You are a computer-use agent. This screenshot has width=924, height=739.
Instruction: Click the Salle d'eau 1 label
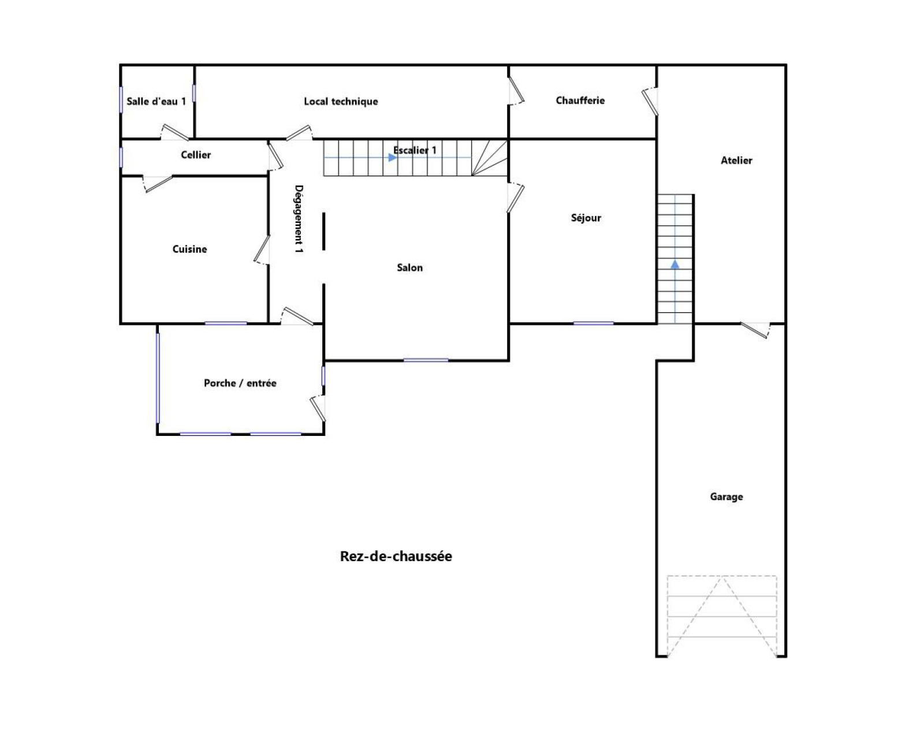click(157, 102)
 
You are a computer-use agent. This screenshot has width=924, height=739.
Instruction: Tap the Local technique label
click(341, 102)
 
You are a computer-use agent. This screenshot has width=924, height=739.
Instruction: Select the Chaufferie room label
click(580, 100)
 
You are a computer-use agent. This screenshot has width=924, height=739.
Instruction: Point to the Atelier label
click(736, 161)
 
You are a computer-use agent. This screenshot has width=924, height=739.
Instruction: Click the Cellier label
click(196, 155)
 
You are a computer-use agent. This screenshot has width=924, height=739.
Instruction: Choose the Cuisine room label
click(190, 249)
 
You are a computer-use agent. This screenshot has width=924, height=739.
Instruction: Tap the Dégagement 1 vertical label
click(299, 219)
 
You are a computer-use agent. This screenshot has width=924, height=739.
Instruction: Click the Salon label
click(409, 267)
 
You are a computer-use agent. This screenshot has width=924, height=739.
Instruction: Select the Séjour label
click(586, 218)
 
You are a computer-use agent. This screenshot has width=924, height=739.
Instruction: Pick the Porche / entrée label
click(240, 383)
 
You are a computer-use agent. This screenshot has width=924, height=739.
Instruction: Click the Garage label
click(726, 497)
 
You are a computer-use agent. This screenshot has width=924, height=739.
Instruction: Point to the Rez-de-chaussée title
click(396, 556)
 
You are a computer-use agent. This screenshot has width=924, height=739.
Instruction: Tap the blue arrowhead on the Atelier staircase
click(675, 264)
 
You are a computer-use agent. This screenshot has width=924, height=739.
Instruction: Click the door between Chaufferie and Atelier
click(650, 102)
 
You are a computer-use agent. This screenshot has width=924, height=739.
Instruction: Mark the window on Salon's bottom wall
click(426, 360)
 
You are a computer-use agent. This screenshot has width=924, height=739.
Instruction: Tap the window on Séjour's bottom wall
click(594, 323)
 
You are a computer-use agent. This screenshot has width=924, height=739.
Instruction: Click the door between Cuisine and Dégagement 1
click(262, 250)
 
